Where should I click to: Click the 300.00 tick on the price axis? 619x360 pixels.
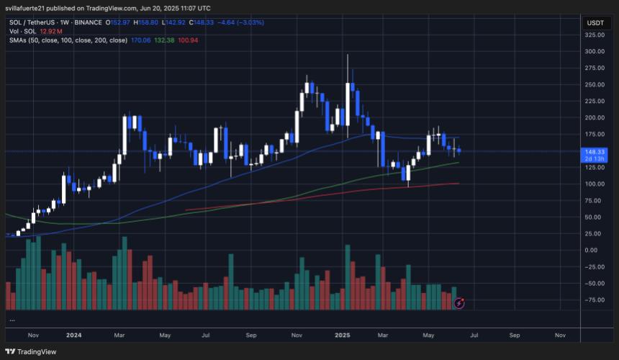pyautogui.click(x=594, y=52)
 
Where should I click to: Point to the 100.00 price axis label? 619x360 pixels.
pyautogui.click(x=594, y=184)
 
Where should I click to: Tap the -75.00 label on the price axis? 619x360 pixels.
pyautogui.click(x=594, y=300)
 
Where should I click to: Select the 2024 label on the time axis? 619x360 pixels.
pyautogui.click(x=74, y=335)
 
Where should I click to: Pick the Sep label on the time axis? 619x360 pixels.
pyautogui.click(x=251, y=335)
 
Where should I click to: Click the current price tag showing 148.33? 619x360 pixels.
pyautogui.click(x=595, y=152)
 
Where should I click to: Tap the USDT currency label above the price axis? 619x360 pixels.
pyautogui.click(x=595, y=22)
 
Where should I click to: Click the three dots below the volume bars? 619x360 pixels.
pyautogui.click(x=12, y=318)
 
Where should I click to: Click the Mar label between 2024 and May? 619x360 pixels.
pyautogui.click(x=119, y=335)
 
